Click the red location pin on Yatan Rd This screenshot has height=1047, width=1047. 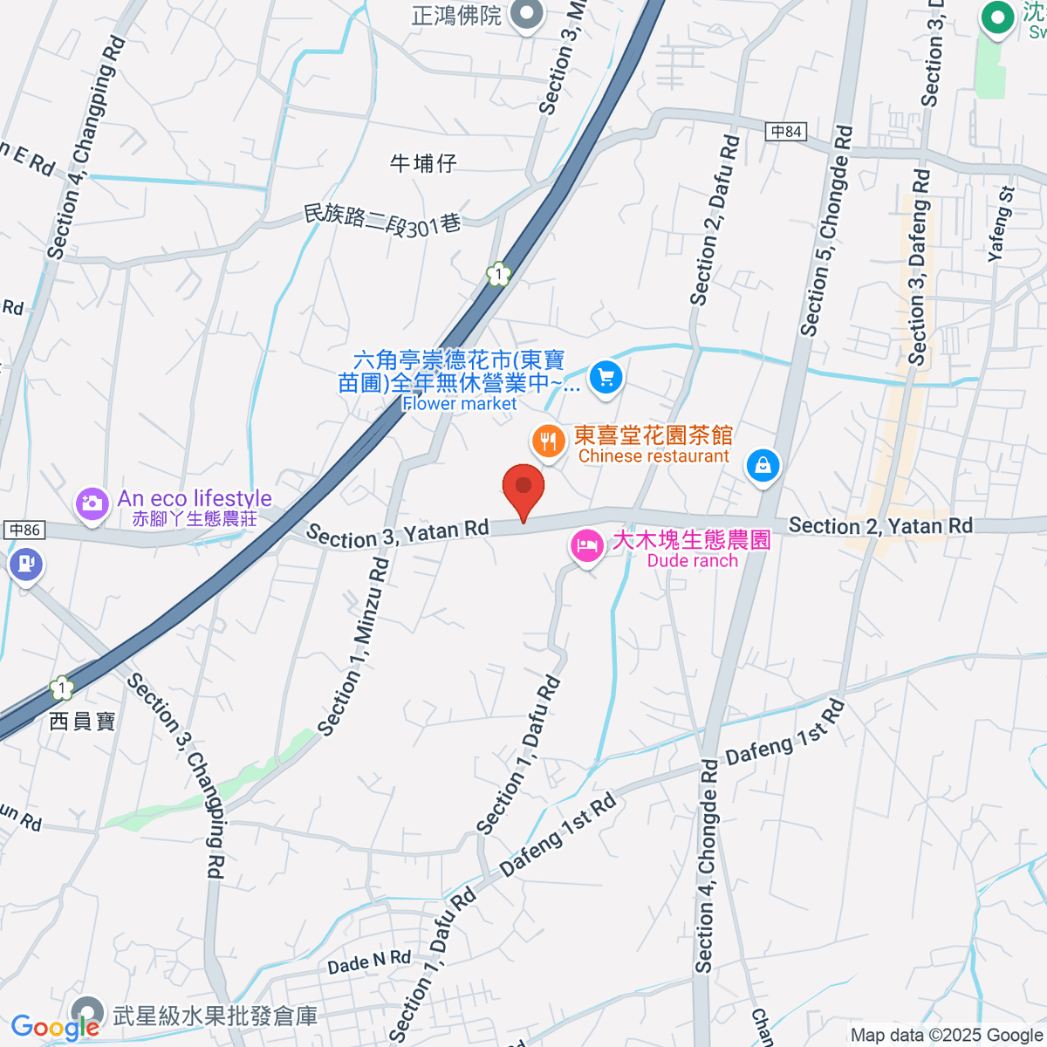pos(523,489)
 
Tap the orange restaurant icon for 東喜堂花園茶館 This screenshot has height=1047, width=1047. pos(548,442)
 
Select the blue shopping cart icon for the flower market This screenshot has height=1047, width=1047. pos(606,378)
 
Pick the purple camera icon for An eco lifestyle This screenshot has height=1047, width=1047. pos(92,503)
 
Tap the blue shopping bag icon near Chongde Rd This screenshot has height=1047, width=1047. pos(763,465)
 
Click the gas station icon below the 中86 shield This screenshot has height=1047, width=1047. pos(25,564)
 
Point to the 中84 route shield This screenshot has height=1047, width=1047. pos(787,132)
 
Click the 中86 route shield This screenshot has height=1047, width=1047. pos(24,530)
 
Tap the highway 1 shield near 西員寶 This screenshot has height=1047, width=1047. pos(62,688)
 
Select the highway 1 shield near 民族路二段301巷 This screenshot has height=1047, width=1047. pos(498,275)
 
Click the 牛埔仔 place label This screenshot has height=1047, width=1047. pos(423,163)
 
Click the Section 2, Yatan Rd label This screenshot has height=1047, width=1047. pos(879,525)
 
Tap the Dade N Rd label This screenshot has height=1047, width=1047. pos(369,961)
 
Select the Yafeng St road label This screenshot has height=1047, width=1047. pos(1001,224)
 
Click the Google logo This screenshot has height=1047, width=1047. pos(54,1027)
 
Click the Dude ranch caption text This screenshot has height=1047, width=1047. pos(692,561)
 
